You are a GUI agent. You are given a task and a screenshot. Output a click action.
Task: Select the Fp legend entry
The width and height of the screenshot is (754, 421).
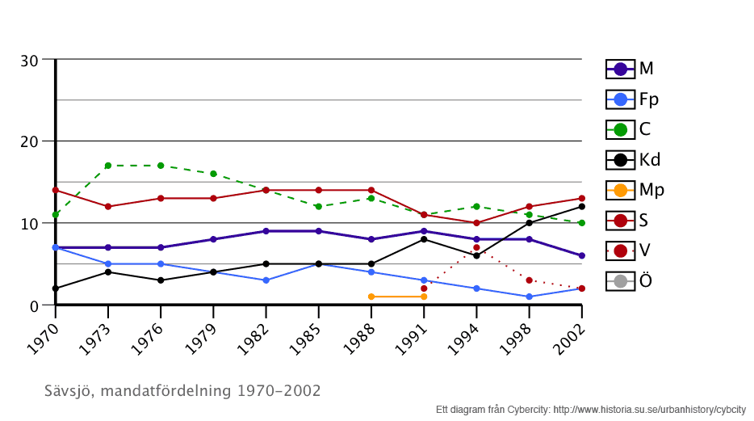[632, 99]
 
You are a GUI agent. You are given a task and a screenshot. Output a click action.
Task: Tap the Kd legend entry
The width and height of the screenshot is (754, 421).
[633, 159]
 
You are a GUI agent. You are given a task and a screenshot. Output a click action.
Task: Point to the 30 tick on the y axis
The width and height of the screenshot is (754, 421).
[29, 60]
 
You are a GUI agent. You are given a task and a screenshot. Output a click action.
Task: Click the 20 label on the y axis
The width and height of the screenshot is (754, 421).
[29, 141]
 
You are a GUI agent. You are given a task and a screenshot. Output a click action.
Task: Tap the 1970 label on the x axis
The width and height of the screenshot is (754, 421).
[42, 333]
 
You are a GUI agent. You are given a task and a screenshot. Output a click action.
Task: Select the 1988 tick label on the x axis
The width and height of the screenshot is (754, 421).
[358, 333]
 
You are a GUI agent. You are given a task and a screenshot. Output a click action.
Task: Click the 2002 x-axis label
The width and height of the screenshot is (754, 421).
[568, 333]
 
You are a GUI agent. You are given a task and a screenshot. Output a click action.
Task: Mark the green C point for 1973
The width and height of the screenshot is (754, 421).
[107, 166]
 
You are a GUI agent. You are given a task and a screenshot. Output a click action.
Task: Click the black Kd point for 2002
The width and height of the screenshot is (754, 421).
[581, 207]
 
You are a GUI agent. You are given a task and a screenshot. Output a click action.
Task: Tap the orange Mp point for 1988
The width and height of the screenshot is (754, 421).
[371, 297]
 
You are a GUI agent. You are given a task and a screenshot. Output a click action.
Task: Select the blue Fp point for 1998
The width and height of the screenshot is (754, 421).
[529, 297]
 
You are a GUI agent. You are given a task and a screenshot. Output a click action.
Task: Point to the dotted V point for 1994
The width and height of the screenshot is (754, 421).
[476, 247]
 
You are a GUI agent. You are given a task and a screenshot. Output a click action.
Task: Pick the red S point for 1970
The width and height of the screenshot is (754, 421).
[55, 190]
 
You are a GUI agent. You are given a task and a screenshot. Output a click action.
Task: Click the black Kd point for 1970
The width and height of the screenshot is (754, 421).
[55, 288]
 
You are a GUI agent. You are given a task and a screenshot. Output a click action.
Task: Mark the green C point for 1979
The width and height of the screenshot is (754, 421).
[213, 174]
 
